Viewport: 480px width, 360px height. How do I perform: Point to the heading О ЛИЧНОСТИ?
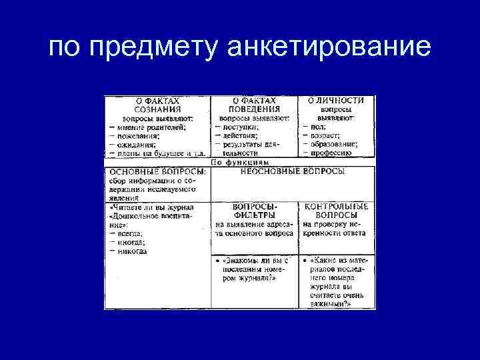tap(335, 101)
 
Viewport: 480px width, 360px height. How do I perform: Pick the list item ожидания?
tap(136, 143)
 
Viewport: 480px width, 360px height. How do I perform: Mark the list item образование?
tap(333, 143)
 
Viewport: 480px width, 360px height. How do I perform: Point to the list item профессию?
tap(331, 152)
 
